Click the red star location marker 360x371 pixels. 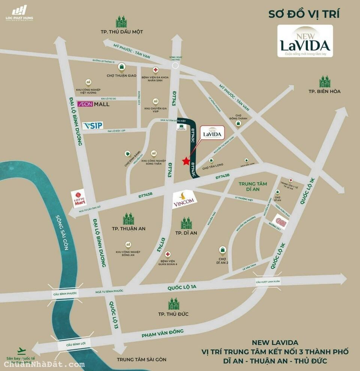[x=186, y=161]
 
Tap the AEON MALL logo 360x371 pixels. [x=93, y=104]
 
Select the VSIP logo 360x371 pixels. [x=92, y=125]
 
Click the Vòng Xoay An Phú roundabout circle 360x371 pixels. [x=175, y=66]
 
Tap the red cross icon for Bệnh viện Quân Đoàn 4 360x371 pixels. [x=168, y=254]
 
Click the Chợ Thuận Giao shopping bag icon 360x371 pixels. [x=121, y=67]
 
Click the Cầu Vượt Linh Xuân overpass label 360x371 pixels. [x=268, y=281]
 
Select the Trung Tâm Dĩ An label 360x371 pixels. [x=253, y=186]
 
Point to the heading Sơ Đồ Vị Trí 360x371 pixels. [x=304, y=14]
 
